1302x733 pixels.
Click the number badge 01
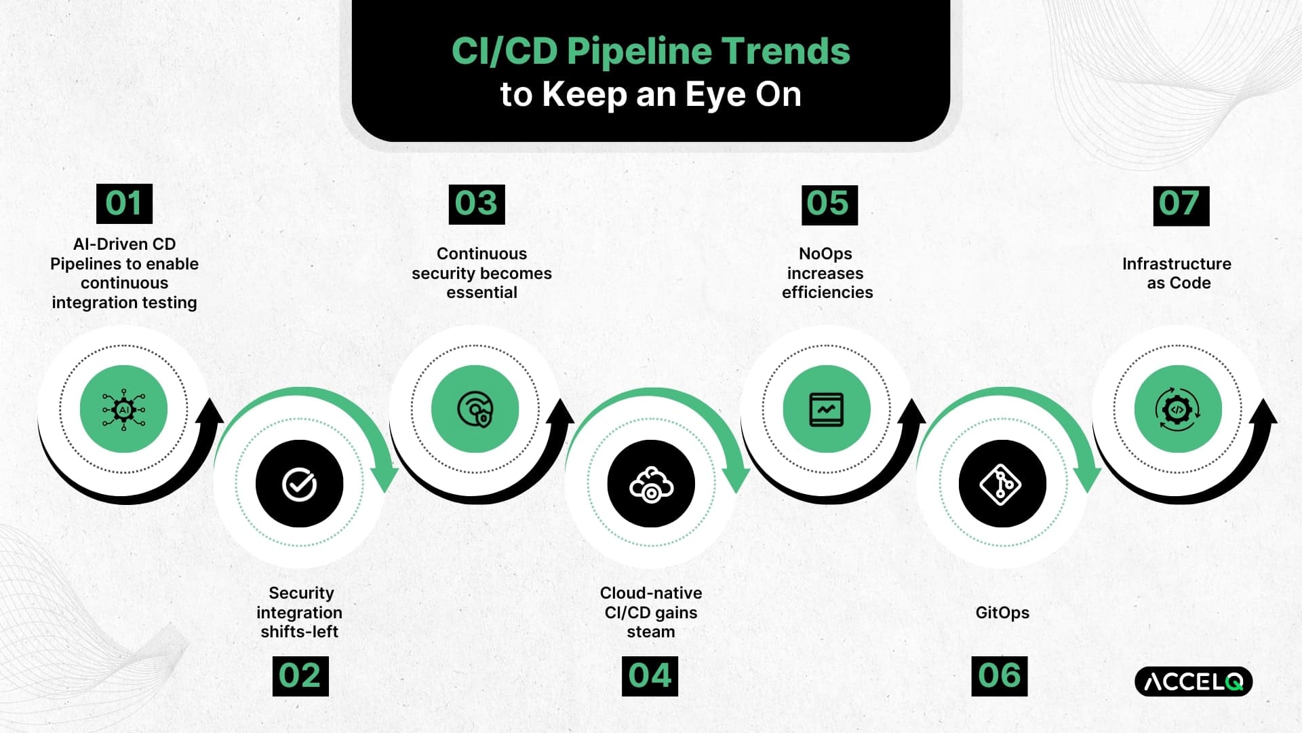point(124,203)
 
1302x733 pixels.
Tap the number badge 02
point(300,676)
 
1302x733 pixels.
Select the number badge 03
point(477,204)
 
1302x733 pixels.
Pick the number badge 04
point(650,676)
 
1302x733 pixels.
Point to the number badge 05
point(829,205)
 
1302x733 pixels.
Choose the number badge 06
point(1000,676)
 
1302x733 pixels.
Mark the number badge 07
point(1181,206)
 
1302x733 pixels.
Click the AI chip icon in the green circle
point(123,409)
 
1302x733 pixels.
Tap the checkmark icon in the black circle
point(299,484)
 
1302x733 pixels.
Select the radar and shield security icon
point(475,409)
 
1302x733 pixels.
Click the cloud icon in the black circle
point(651,484)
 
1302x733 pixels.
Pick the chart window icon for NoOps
point(827,409)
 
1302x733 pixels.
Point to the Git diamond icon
point(1001,485)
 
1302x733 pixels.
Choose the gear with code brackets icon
point(1178,409)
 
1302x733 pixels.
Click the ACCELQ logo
point(1193,681)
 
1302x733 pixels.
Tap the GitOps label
point(1002,613)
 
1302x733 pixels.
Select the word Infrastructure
point(1177,263)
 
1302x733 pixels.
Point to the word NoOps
point(825,254)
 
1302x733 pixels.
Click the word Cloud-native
point(651,593)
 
